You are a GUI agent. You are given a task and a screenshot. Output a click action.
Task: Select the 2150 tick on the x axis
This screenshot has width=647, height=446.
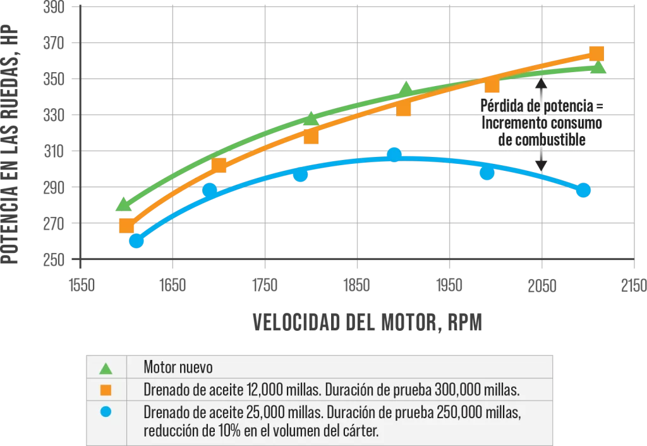tap(633, 285)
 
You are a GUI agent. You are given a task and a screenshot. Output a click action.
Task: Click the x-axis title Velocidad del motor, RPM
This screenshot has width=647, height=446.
tap(367, 322)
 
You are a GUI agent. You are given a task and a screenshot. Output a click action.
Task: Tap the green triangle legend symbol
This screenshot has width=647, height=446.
tap(106, 368)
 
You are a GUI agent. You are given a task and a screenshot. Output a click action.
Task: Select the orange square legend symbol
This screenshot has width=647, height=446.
tap(106, 389)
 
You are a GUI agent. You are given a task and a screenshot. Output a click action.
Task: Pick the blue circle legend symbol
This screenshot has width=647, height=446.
tap(106, 412)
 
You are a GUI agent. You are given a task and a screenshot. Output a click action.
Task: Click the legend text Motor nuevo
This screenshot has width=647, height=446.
tap(178, 367)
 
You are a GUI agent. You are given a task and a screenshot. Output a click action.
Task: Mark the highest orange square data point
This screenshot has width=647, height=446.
tap(596, 53)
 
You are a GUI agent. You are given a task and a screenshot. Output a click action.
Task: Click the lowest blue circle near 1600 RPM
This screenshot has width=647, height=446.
tap(136, 240)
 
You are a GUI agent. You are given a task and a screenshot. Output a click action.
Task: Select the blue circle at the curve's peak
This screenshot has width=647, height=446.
tap(394, 154)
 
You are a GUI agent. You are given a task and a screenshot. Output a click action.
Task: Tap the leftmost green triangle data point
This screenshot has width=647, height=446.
tap(124, 204)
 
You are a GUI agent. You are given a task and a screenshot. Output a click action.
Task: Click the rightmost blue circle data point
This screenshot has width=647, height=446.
tap(583, 190)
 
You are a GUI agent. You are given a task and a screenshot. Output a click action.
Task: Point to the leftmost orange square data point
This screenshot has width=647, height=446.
tap(126, 226)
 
